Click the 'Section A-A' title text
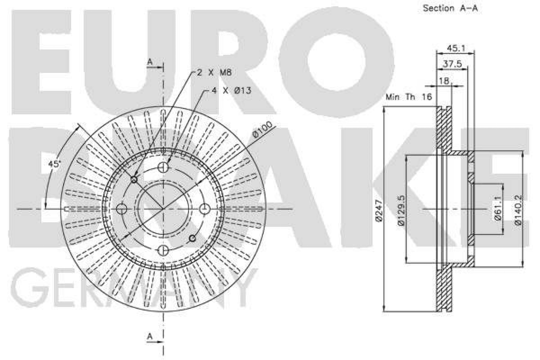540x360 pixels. [x=450, y=8]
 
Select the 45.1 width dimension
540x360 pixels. [x=456, y=49]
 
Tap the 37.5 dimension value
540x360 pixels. [x=452, y=64]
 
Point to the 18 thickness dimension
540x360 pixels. [x=444, y=81]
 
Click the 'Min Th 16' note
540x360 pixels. [x=409, y=97]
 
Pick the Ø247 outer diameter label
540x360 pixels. [x=379, y=209]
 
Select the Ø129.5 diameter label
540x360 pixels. [x=401, y=210]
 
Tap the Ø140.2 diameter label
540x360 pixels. [x=518, y=210]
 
